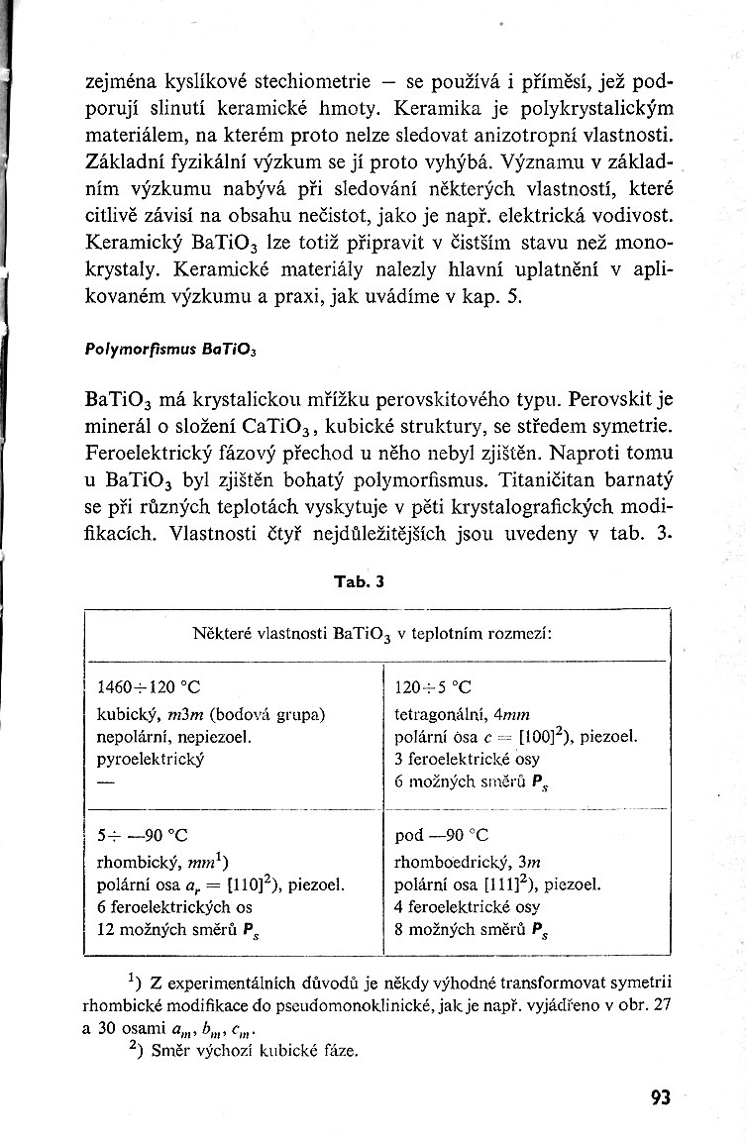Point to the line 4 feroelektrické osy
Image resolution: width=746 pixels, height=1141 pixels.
[x=467, y=907]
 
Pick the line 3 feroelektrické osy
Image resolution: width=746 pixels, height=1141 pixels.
[x=467, y=759]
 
